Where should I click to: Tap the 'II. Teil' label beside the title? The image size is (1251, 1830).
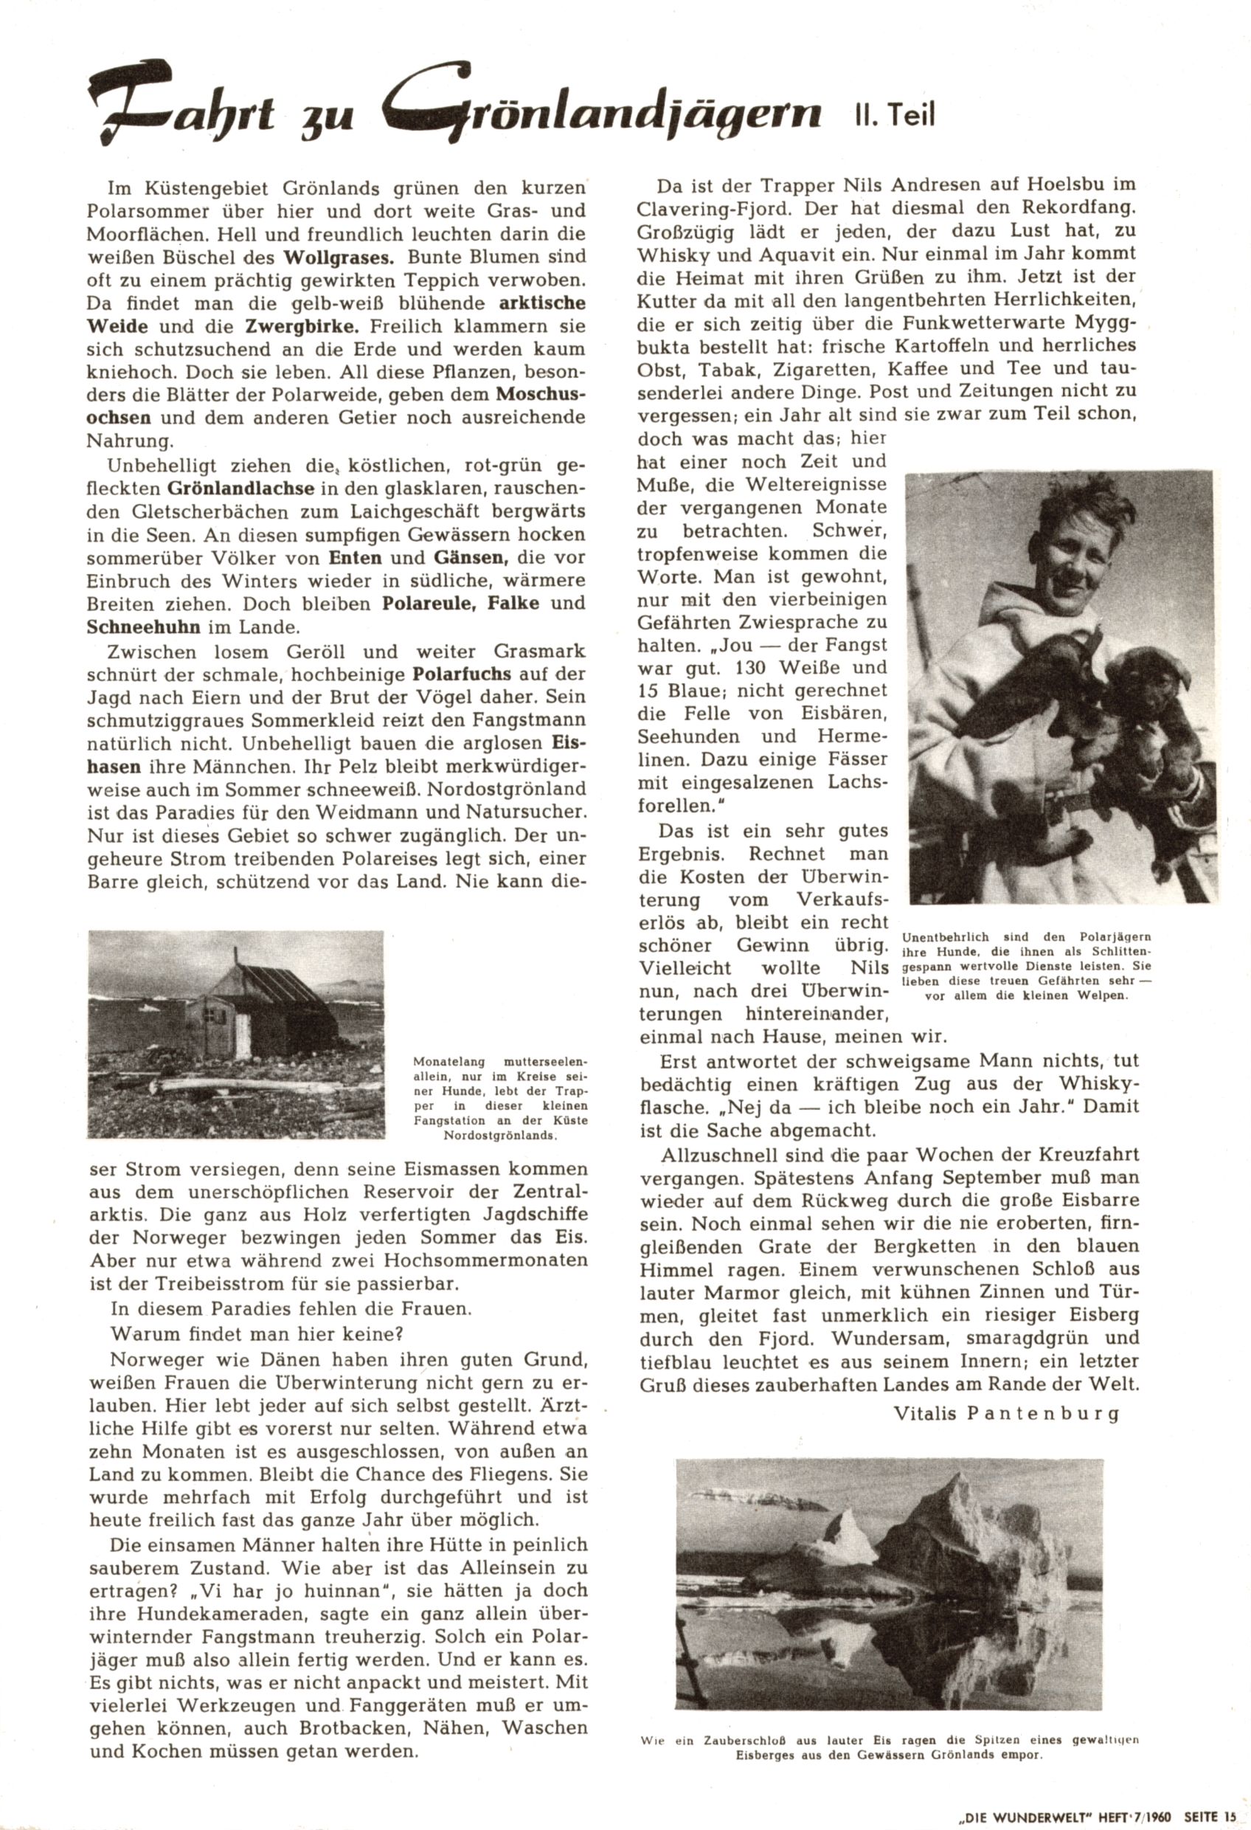pos(894,116)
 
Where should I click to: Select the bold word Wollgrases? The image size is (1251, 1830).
pos(334,257)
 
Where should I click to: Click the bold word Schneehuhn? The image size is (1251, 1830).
pos(145,627)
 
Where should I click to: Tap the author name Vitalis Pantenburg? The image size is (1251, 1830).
pos(1006,1413)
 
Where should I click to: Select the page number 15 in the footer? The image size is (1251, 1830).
pos(1230,1814)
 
